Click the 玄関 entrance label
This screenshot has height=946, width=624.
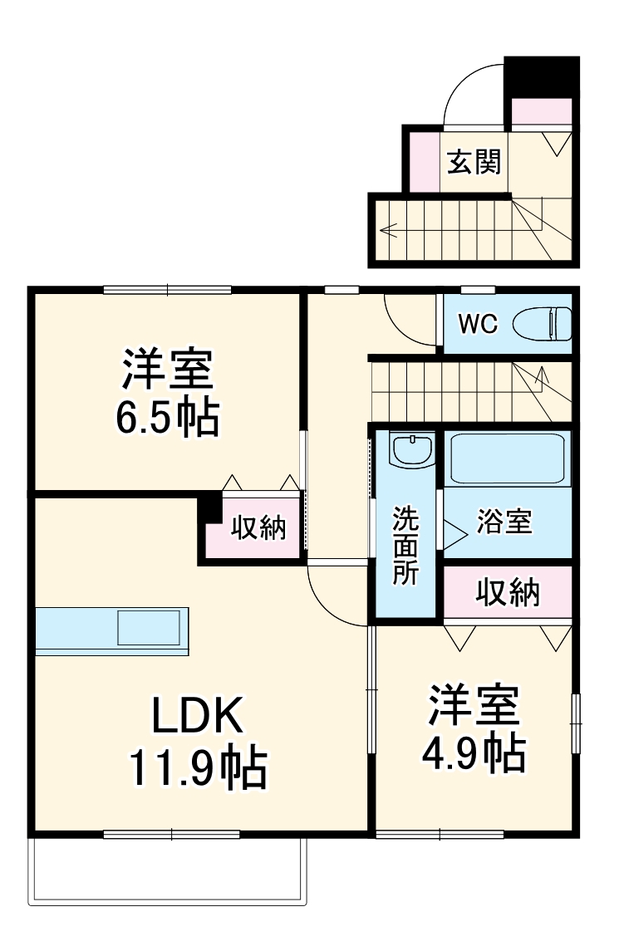click(x=474, y=162)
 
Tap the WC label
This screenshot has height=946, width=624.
click(x=478, y=324)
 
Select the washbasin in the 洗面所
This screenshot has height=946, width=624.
click(x=411, y=451)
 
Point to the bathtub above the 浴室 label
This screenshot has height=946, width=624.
click(x=506, y=458)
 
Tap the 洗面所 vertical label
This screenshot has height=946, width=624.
click(x=406, y=546)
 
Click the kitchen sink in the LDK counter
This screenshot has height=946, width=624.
click(x=149, y=629)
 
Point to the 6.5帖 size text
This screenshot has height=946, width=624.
click(x=167, y=419)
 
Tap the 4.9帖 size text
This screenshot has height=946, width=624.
click(x=474, y=752)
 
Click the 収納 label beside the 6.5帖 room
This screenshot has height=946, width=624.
click(x=258, y=527)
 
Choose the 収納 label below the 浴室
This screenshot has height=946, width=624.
click(x=507, y=593)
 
